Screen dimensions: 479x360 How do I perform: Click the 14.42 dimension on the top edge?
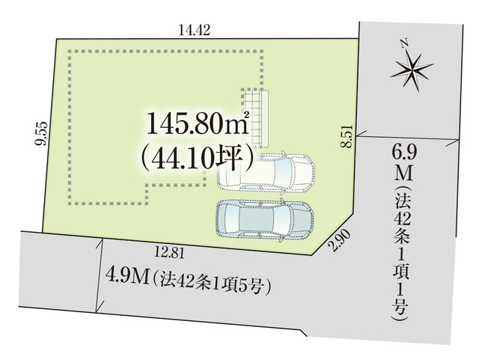tap(195, 30)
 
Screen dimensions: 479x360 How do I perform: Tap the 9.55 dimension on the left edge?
tap(41, 133)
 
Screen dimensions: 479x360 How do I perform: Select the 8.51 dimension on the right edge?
tap(347, 136)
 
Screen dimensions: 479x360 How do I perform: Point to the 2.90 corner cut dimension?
tap(339, 240)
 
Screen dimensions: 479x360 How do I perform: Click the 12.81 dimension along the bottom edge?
tap(170, 253)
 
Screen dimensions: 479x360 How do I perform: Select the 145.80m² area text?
tap(198, 123)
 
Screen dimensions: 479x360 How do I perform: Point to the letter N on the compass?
tap(404, 43)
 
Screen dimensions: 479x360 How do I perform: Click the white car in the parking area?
tap(266, 173)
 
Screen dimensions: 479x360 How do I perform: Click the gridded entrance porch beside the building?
tap(255, 118)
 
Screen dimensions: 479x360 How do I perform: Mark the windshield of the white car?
tap(281, 173)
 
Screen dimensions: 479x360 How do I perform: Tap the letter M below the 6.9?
tap(403, 174)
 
